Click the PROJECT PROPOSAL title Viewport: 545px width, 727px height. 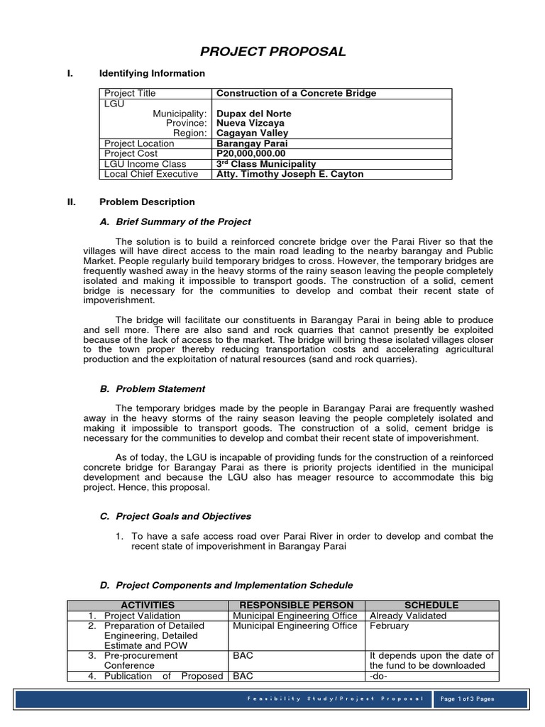click(272, 51)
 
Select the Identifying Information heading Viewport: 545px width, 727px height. click(152, 73)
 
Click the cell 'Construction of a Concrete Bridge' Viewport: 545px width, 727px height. click(296, 93)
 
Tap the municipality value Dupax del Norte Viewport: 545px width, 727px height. click(253, 114)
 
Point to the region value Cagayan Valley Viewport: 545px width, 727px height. click(253, 133)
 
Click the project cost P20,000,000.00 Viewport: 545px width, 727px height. click(251, 153)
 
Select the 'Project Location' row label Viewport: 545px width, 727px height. click(139, 143)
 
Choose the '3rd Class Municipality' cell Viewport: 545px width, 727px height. click(266, 164)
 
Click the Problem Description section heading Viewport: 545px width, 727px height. click(147, 202)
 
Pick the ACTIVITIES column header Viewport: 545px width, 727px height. click(148, 605)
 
